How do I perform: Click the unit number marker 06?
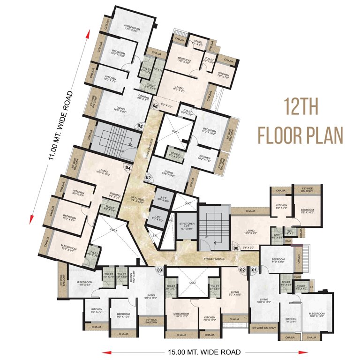(x=155, y=106)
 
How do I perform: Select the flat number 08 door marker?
(x=236, y=248)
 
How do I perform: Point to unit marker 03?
(x=160, y=270)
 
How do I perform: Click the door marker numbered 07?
(x=148, y=178)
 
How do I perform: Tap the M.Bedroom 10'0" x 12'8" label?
(x=316, y=315)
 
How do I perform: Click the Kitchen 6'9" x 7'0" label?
(x=281, y=207)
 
